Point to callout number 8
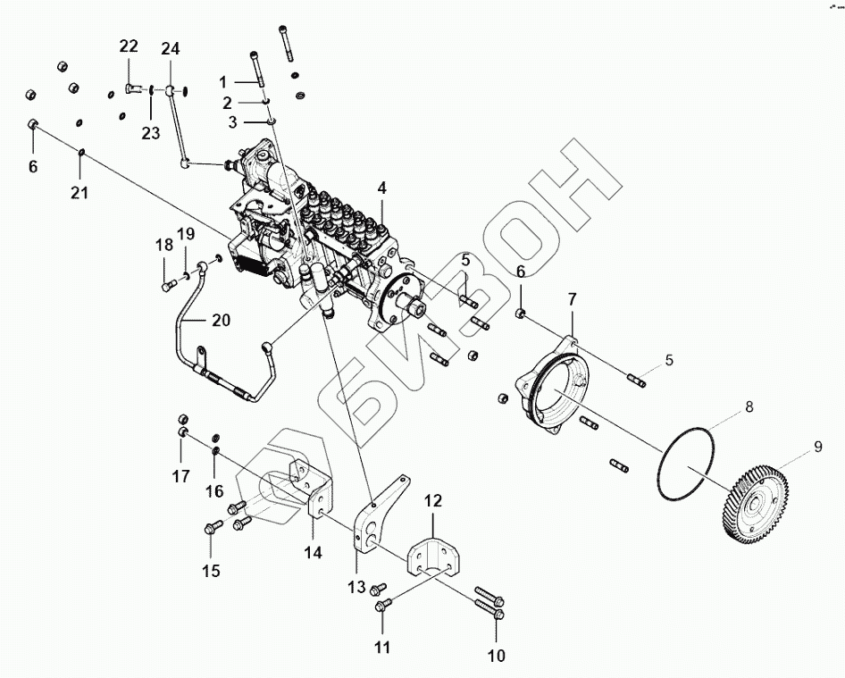click(749, 406)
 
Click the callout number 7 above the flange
click(572, 298)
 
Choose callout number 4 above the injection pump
click(381, 188)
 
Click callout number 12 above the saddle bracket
click(432, 501)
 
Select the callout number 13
click(356, 587)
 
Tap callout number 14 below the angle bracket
click(312, 553)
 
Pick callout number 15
click(210, 571)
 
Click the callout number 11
click(382, 648)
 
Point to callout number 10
click(496, 657)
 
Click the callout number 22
click(130, 46)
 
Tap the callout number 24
click(170, 48)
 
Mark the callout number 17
click(181, 477)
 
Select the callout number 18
click(163, 246)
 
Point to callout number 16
click(214, 491)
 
